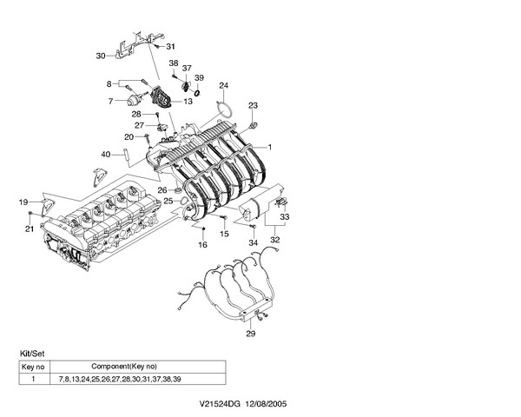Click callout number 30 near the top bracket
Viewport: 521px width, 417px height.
click(x=100, y=56)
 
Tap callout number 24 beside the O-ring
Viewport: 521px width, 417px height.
click(x=223, y=85)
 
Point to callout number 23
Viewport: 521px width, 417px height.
click(x=253, y=106)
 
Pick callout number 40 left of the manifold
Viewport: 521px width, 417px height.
click(x=105, y=155)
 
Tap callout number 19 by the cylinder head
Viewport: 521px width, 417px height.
click(x=23, y=202)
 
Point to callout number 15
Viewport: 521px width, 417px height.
click(x=223, y=235)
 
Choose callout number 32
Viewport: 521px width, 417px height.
click(x=275, y=239)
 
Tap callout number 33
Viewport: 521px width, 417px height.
click(x=284, y=216)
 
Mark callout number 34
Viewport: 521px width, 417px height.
click(x=253, y=243)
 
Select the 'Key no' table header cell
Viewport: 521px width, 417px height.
click(x=32, y=367)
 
